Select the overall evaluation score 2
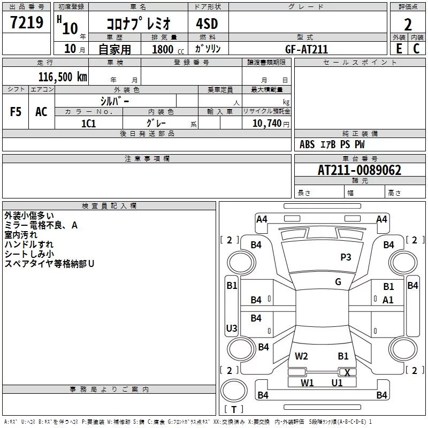[x=408, y=24]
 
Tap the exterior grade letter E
[x=398, y=48]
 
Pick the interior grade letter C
[x=416, y=48]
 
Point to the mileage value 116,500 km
[x=62, y=77]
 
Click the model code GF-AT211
[x=307, y=49]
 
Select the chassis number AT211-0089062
[x=360, y=170]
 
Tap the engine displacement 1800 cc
[x=164, y=49]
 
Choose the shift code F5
[x=16, y=112]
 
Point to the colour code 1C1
[x=88, y=123]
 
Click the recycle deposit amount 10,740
[x=266, y=123]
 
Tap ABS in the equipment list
[x=307, y=144]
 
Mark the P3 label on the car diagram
[x=346, y=257]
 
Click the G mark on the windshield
[x=338, y=282]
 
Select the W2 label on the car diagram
[x=301, y=356]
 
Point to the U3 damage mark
[x=231, y=328]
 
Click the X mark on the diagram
[x=348, y=373]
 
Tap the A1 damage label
[x=388, y=300]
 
